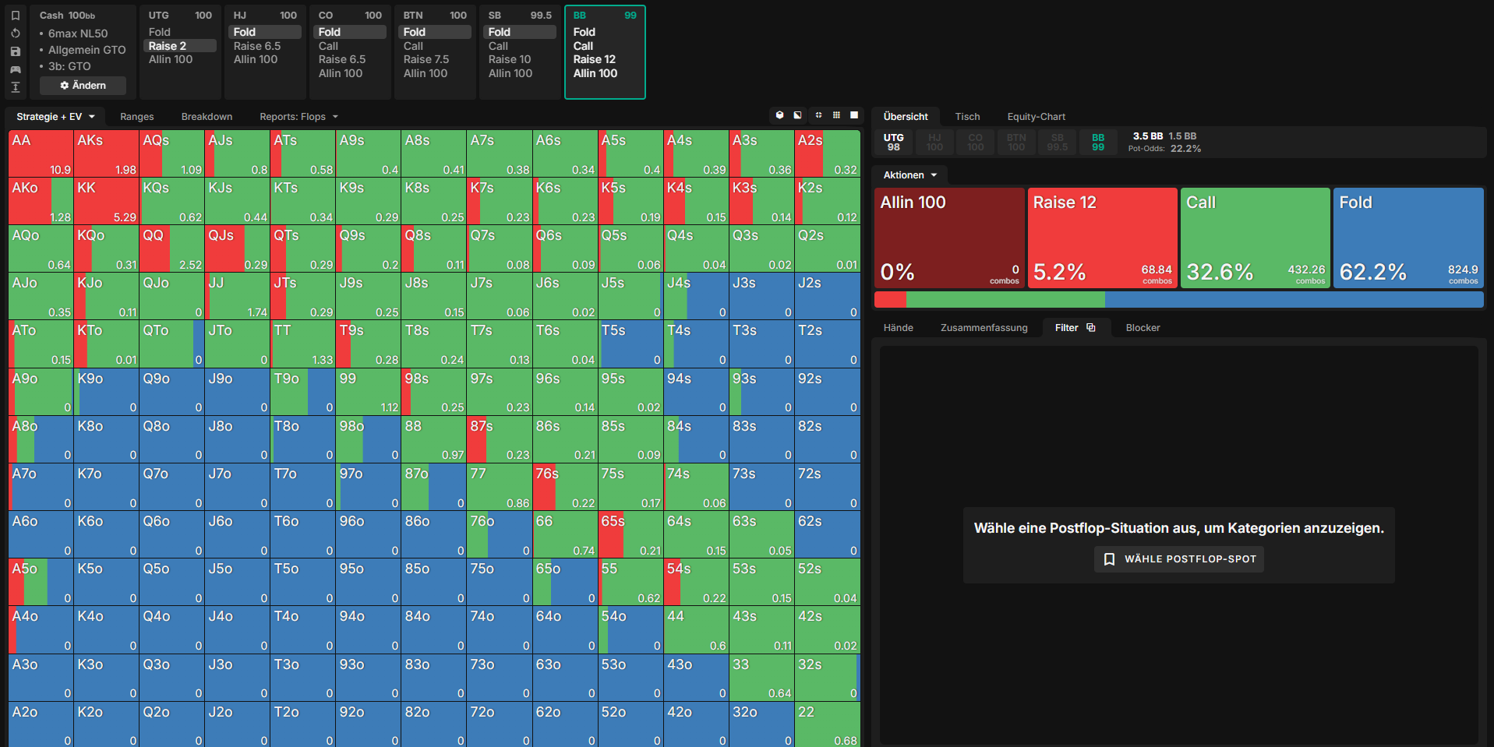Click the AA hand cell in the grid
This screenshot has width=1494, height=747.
41,153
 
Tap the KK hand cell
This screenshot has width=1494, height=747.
106,201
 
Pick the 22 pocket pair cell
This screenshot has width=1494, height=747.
827,724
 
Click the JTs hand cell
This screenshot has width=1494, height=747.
302,296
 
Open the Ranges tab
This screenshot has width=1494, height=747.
137,117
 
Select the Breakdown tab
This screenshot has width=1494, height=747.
207,117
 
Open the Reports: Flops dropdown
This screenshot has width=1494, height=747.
299,117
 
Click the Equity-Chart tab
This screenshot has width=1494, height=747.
1036,117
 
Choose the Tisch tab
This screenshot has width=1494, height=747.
967,117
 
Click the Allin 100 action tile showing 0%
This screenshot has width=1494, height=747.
949,238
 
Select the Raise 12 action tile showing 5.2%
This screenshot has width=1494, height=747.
1102,238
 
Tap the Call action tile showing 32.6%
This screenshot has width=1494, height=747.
1255,238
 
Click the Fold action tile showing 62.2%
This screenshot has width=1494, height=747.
1408,238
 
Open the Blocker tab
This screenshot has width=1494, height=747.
1143,328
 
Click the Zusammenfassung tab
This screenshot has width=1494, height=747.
984,328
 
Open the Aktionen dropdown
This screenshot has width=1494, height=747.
909,175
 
